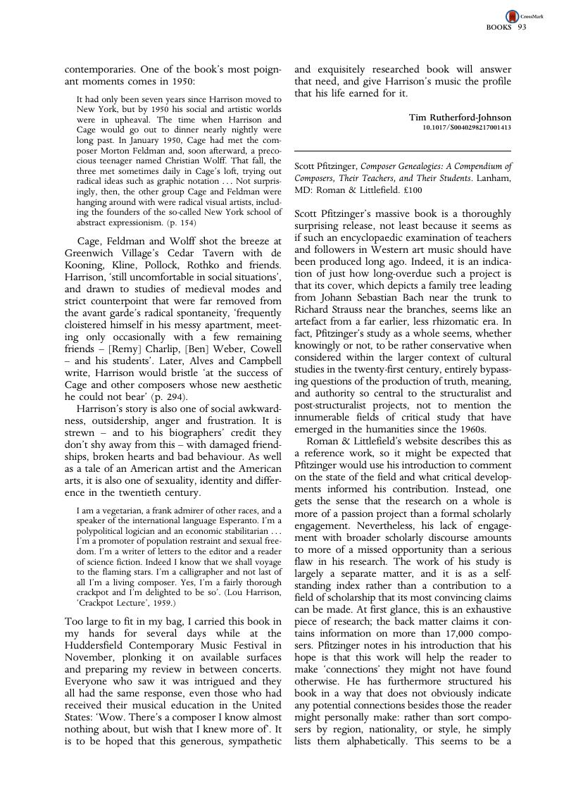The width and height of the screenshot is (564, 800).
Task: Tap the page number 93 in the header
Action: tap(522, 28)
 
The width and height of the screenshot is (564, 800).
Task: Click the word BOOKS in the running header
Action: tap(499, 28)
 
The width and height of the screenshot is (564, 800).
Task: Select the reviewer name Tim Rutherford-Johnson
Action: tap(460, 117)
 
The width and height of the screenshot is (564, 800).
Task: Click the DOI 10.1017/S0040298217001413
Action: tap(467, 127)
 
